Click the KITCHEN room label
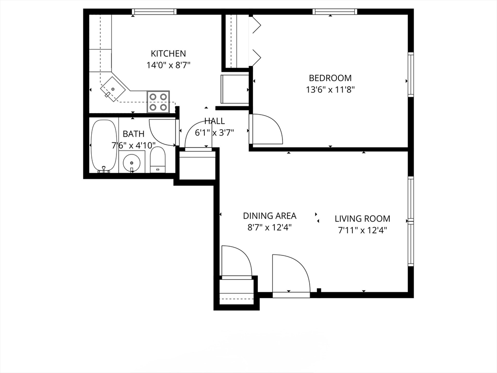168,53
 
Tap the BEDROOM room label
330,78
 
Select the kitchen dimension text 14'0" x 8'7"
168,65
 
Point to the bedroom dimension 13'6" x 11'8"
330,89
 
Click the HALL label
215,121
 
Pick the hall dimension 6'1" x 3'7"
215,132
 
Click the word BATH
133,134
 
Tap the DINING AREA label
269,216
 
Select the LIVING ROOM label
362,219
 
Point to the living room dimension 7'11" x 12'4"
362,230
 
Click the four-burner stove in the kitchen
158,102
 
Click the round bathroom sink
132,162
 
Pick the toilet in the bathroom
158,160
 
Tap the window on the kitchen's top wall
154,12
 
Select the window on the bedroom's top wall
335,12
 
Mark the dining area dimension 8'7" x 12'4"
269,227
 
